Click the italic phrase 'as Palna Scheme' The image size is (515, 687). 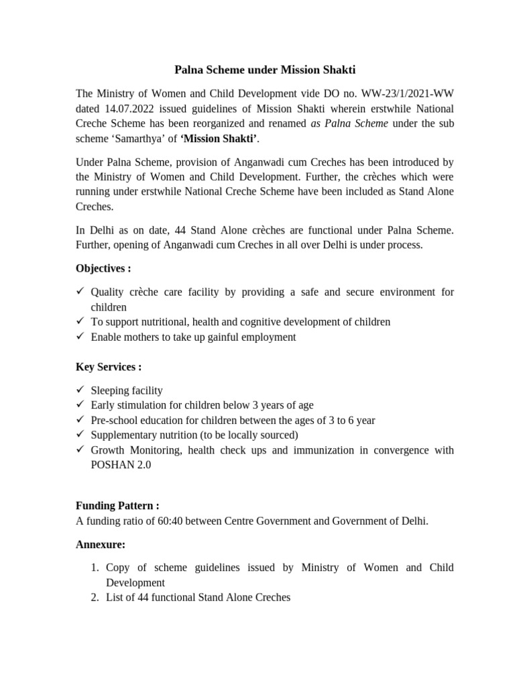(349, 124)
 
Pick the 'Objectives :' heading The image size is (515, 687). (103, 268)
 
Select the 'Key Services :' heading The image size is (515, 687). (108, 367)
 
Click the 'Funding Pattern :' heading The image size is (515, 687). (117, 505)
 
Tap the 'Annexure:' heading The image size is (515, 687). (101, 544)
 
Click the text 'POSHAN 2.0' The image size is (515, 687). (121, 465)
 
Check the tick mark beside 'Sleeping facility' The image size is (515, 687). (80, 390)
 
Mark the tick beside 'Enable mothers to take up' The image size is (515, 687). (80, 337)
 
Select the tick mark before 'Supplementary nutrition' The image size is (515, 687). (80, 435)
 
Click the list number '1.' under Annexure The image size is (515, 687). (95, 568)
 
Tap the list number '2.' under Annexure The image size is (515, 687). (95, 596)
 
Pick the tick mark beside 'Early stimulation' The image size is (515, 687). (80, 405)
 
